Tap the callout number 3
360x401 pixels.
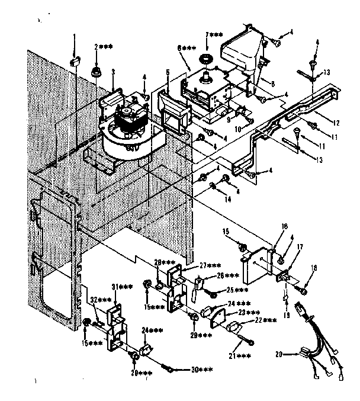(x=112, y=72)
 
